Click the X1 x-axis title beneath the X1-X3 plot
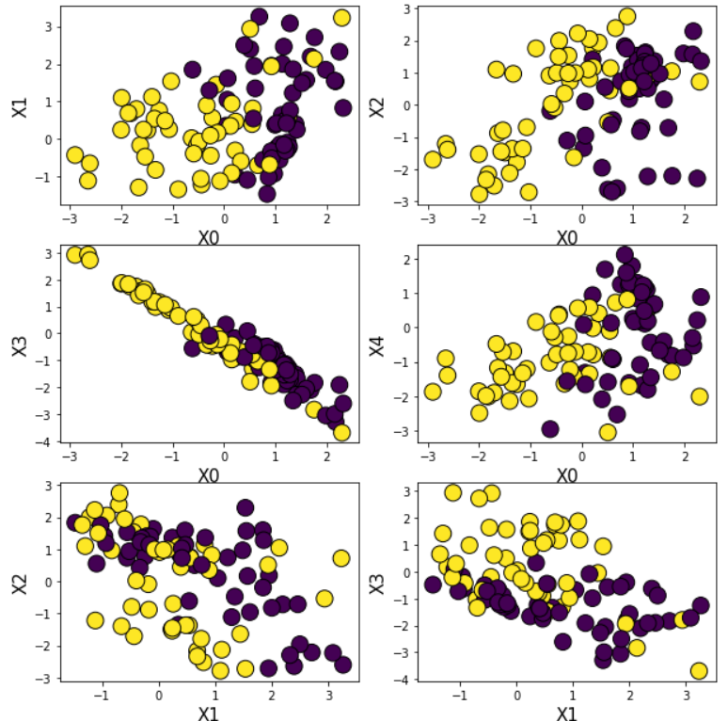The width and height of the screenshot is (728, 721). click(x=566, y=713)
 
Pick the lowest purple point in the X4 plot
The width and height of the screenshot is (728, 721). click(x=551, y=429)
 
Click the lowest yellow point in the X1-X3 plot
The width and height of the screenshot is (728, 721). click(x=698, y=671)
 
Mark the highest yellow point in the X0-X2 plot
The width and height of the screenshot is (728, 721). click(x=627, y=16)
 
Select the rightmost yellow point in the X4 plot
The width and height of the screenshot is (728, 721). click(x=699, y=396)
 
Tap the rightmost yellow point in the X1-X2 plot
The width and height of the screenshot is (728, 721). click(x=340, y=558)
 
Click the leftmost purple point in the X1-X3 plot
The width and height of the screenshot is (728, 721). click(x=433, y=585)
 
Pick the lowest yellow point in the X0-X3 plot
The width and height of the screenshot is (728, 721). click(x=340, y=432)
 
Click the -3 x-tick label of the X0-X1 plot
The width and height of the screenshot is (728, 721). click(x=69, y=219)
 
